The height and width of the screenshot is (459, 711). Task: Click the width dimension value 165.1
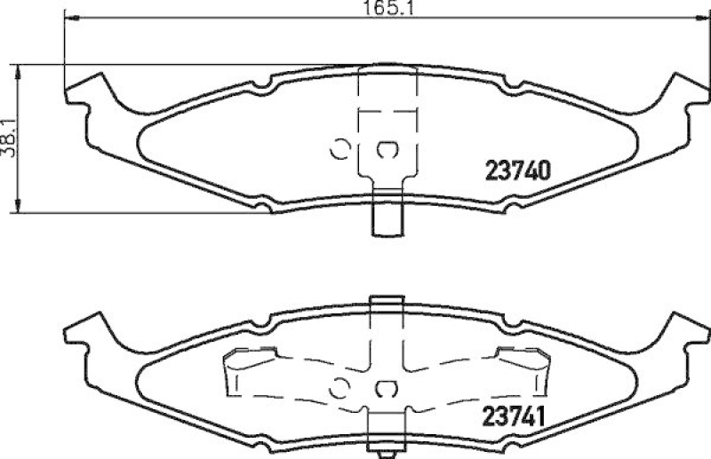point(377,11)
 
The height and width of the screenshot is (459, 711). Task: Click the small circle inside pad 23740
point(340,150)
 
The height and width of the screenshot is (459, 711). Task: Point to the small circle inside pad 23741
point(340,387)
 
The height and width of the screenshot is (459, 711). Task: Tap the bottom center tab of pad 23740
point(385,212)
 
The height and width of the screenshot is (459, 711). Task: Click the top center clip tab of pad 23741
point(385,305)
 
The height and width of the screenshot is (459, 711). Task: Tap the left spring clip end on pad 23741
point(236,368)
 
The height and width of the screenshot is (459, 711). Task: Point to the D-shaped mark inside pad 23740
point(388,150)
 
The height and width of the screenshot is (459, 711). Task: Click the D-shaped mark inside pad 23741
point(388,387)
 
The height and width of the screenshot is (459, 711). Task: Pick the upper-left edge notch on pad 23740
point(263,88)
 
